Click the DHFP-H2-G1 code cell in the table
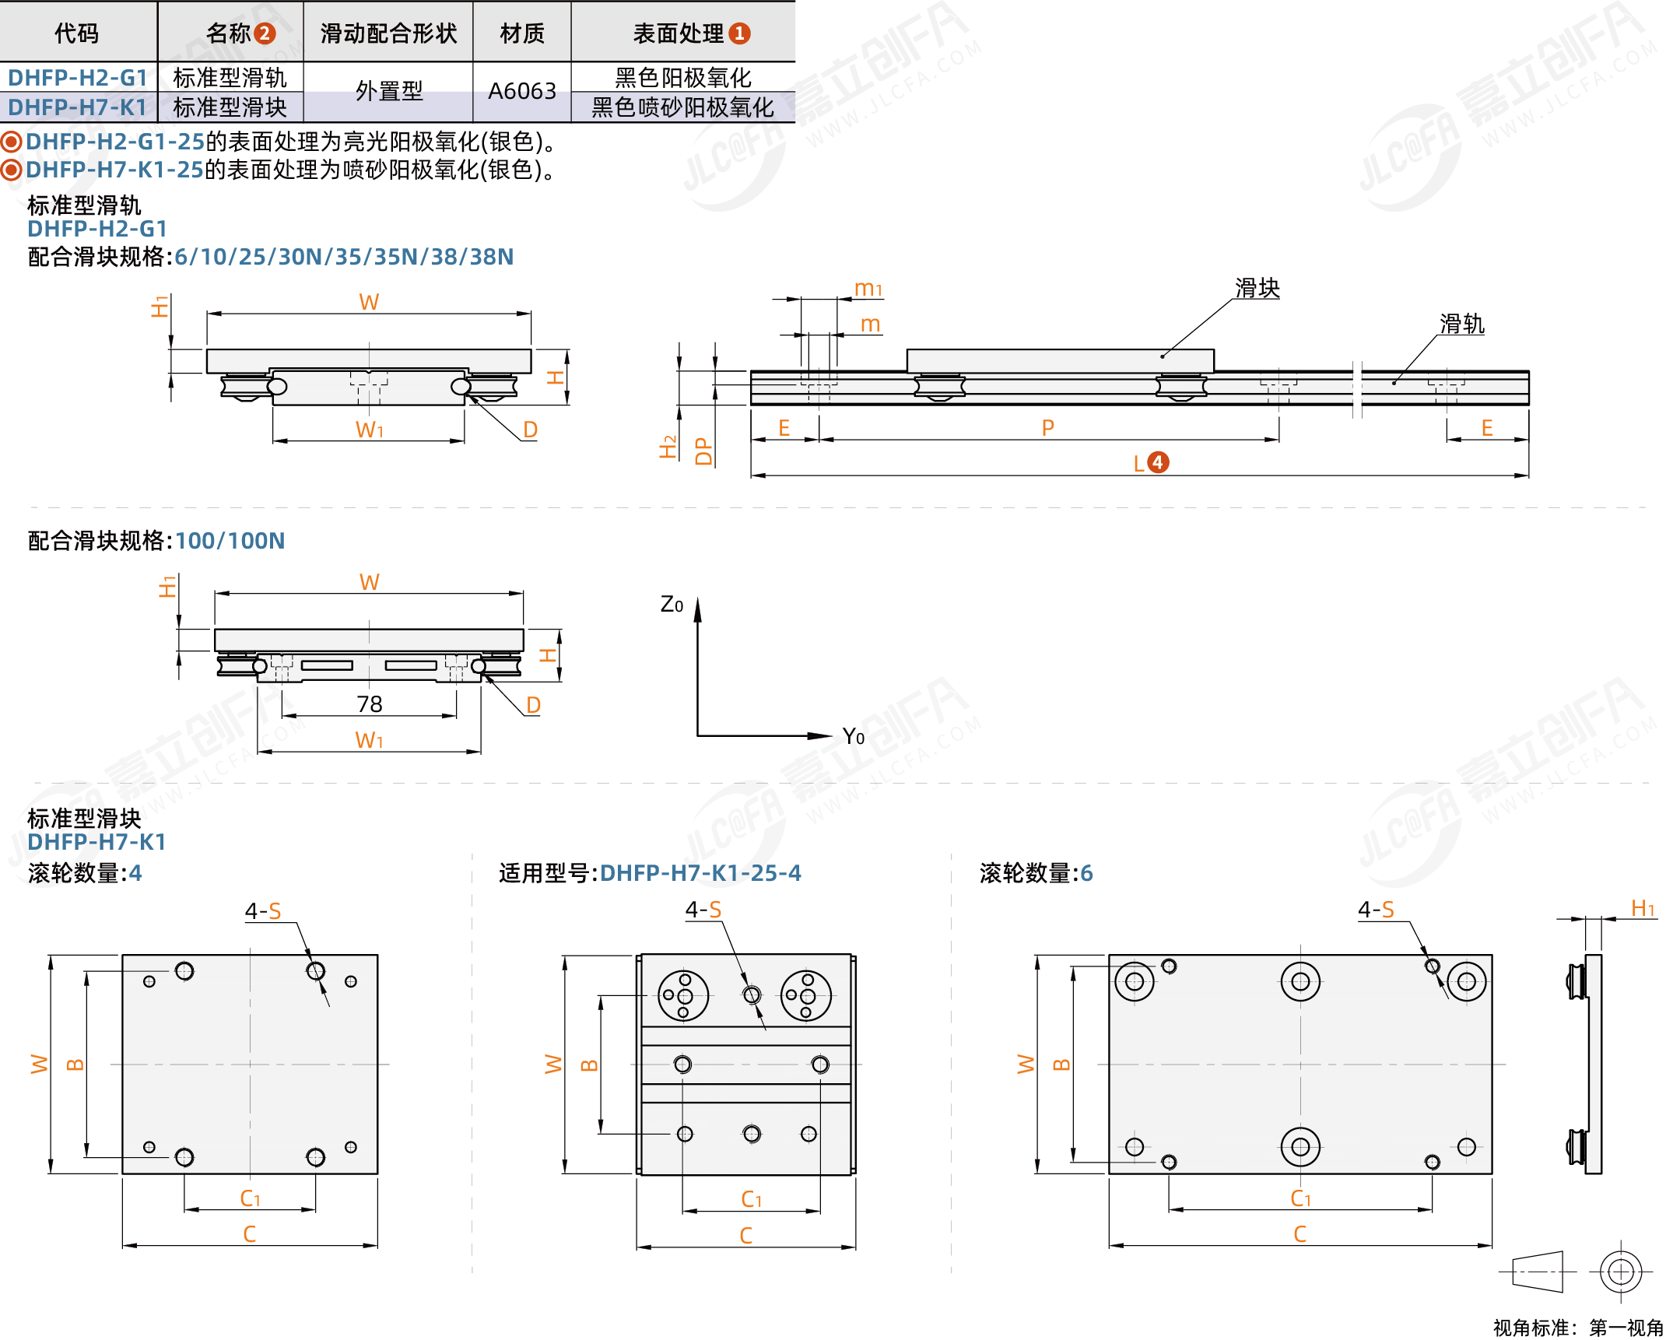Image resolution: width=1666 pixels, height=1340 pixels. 78,77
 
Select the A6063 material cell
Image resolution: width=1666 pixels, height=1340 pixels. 521,91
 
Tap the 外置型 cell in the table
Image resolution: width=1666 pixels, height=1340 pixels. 388,91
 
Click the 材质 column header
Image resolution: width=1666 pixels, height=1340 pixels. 521,33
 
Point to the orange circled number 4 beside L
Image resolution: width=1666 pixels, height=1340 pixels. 1157,462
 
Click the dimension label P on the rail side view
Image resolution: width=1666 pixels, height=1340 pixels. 1047,427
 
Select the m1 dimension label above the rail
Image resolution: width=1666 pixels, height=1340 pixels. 868,289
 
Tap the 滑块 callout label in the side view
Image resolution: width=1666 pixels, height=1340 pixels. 1257,288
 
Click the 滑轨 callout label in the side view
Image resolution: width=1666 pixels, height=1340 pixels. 1461,324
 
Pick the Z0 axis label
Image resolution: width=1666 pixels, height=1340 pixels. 672,605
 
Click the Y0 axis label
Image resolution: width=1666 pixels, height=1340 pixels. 854,736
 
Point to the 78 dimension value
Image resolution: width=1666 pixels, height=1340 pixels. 370,704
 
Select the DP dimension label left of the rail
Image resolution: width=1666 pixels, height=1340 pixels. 703,451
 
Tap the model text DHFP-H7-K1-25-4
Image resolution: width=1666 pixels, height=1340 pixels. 700,873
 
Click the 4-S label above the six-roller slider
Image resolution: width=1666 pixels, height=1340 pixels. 1376,909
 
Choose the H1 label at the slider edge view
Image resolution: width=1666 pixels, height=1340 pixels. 1643,908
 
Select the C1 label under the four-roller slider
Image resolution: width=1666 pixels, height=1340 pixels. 250,1198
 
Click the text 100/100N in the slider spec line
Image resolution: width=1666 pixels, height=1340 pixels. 230,541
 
